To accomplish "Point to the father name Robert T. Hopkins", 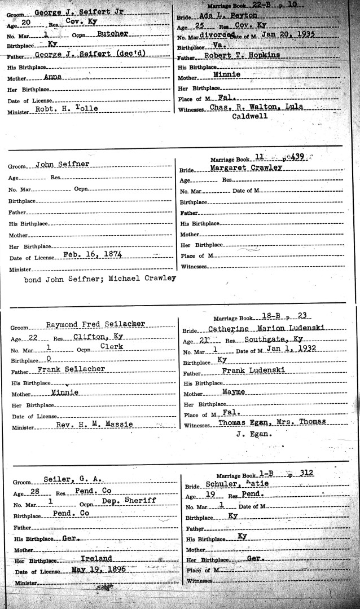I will [241, 56].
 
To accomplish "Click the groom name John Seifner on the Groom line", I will [63, 164].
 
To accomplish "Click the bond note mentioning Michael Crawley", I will [100, 278].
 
